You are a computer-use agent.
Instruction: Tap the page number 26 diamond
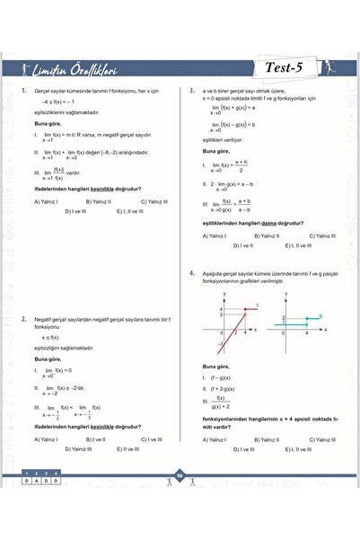180,476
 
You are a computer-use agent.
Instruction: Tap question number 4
191,271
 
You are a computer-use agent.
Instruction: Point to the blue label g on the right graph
321,314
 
